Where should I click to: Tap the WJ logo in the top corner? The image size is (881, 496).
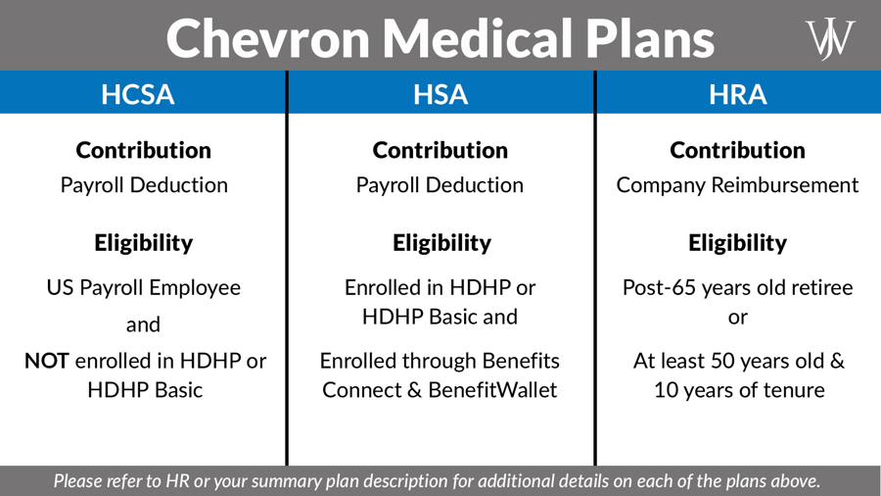pyautogui.click(x=830, y=39)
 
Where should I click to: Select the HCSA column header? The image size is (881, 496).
pyautogui.click(x=138, y=94)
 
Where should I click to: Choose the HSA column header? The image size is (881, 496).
pyautogui.click(x=440, y=94)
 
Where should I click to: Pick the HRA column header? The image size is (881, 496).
pyautogui.click(x=738, y=94)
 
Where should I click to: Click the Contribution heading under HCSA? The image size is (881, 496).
pyautogui.click(x=144, y=151)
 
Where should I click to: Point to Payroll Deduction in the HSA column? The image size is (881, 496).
pyautogui.click(x=440, y=185)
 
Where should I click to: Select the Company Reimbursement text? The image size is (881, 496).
pyautogui.click(x=737, y=185)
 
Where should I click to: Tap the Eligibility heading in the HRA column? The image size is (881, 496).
pyautogui.click(x=737, y=243)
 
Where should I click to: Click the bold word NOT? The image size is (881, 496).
pyautogui.click(x=46, y=361)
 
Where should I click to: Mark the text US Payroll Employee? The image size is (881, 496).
pyautogui.click(x=144, y=288)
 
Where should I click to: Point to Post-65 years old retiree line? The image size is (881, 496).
pyautogui.click(x=737, y=288)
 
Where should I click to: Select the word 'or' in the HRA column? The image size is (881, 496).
pyautogui.click(x=737, y=317)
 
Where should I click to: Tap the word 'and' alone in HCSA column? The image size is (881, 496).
pyautogui.click(x=143, y=324)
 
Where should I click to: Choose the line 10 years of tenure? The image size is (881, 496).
pyautogui.click(x=738, y=390)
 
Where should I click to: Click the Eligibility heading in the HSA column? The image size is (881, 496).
pyautogui.click(x=441, y=243)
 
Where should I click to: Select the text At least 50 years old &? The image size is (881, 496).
pyautogui.click(x=738, y=361)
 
